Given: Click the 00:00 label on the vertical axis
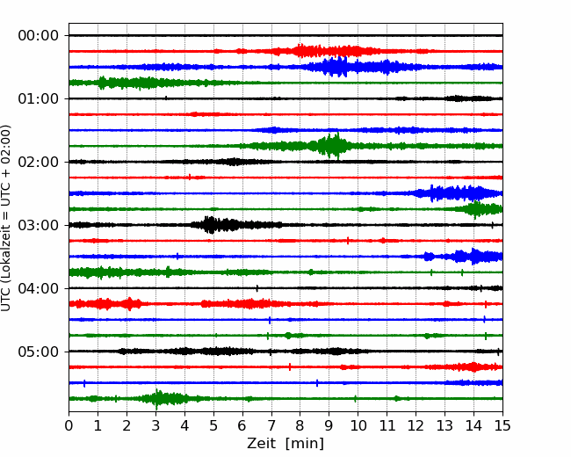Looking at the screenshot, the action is [39, 36].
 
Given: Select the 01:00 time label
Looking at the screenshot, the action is [39, 98].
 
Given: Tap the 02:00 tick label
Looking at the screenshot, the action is [39, 162].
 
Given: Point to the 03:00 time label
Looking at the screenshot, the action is [39, 225].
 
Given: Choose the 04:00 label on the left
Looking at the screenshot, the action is [39, 288].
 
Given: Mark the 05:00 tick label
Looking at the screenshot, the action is [39, 352].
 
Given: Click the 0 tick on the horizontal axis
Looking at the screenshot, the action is [69, 425].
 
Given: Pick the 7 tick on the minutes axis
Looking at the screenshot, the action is [271, 425].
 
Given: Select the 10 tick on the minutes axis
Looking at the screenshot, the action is [358, 425].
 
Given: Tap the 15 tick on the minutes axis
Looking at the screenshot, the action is [502, 425].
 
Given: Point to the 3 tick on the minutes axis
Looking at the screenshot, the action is [155, 425].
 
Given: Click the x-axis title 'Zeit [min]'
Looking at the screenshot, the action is [285, 444].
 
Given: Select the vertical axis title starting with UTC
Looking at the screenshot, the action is [5, 218].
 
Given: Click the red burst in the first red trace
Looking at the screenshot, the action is [329, 51].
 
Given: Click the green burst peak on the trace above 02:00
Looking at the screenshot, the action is [330, 145].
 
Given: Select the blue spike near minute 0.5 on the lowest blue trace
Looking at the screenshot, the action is [84, 383].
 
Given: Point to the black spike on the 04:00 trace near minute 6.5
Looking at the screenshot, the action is [257, 288].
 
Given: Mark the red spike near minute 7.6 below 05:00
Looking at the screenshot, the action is [290, 367].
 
